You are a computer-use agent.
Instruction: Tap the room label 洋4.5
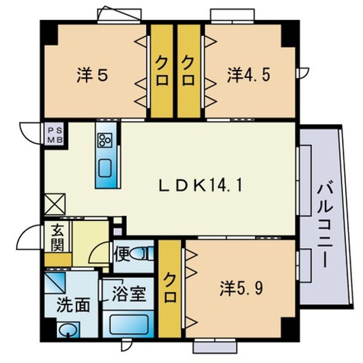249,76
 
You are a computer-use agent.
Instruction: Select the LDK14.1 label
201,186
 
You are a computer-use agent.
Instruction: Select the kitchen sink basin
106,168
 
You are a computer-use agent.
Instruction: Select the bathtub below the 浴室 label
129,323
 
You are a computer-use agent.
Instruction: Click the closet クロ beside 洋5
162,71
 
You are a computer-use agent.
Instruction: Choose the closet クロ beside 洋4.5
188,71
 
